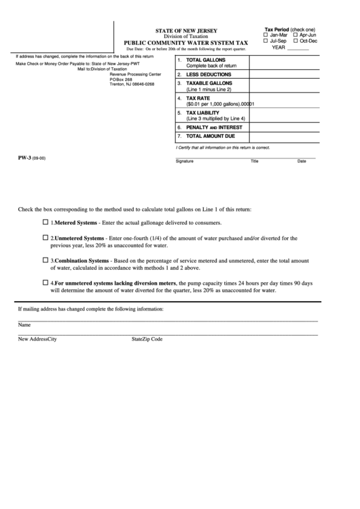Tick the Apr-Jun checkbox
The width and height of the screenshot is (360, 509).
coord(295,35)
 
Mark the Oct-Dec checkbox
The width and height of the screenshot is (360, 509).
coord(295,41)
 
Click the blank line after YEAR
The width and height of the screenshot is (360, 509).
coord(298,48)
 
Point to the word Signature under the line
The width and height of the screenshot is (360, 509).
coord(184,162)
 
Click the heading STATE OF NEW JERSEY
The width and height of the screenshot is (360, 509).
coord(182,31)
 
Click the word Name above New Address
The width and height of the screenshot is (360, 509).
coord(24,325)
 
